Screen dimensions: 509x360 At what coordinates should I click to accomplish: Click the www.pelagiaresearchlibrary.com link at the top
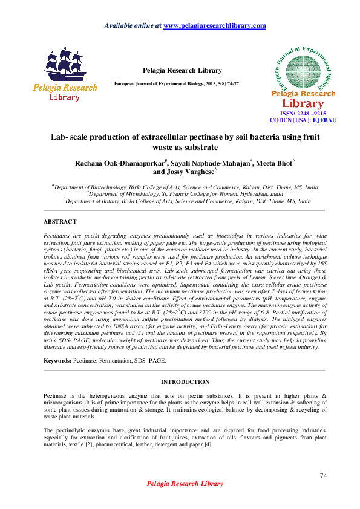[x=215, y=25]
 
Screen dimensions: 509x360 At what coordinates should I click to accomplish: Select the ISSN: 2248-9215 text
[x=303, y=113]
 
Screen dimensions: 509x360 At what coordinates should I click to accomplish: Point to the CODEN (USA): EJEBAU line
[x=303, y=120]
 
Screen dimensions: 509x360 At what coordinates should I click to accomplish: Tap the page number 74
[x=323, y=476]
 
